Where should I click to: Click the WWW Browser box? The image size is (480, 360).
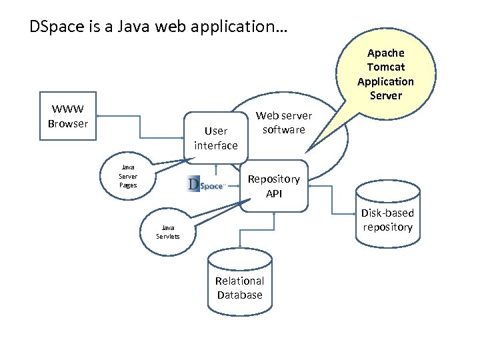(x=68, y=117)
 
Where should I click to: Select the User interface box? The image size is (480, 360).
(x=215, y=138)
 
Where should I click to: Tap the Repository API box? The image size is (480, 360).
(x=274, y=186)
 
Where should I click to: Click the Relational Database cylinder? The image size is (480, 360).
(x=239, y=284)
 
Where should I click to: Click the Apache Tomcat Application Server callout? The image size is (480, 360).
(x=385, y=74)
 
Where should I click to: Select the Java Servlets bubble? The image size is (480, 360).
(x=167, y=231)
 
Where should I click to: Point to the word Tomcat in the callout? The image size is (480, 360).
(x=385, y=67)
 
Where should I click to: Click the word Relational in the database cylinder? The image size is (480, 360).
(x=239, y=281)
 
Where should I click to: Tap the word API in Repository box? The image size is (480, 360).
(x=274, y=193)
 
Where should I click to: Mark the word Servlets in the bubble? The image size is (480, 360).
(x=167, y=236)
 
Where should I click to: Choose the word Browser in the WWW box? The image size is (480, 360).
(x=68, y=123)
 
